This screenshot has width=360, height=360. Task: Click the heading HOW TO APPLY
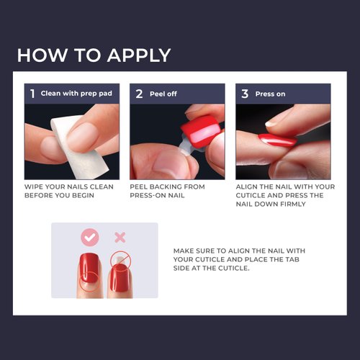(x=94, y=55)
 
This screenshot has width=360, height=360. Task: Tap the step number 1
(x=32, y=93)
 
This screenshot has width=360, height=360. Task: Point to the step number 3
(x=244, y=93)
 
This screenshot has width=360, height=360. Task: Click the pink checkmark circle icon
(x=89, y=236)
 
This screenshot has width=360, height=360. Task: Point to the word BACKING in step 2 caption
(x=168, y=186)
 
